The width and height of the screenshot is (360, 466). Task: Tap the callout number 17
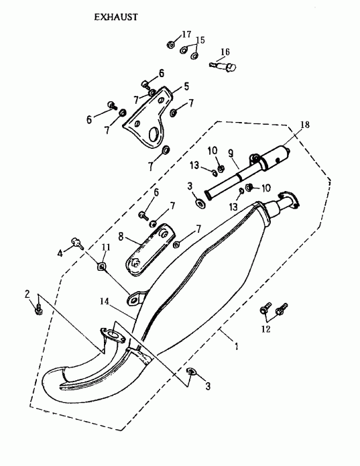186,34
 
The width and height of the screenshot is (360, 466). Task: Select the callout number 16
225,52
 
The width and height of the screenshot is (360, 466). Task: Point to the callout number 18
305,125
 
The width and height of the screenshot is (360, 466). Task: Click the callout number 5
186,86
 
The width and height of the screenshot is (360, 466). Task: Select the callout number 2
27,294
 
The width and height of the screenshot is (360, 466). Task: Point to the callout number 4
60,253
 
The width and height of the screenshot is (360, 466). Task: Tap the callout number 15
200,40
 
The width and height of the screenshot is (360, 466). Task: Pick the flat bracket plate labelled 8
151,247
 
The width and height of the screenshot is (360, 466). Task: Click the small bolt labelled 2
39,308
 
